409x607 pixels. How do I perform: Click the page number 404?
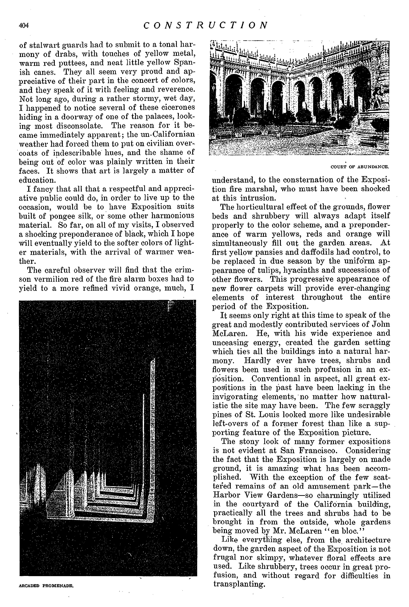tap(24, 26)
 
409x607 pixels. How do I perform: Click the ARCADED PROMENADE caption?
tap(46, 586)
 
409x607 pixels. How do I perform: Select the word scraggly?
tap(376, 406)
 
